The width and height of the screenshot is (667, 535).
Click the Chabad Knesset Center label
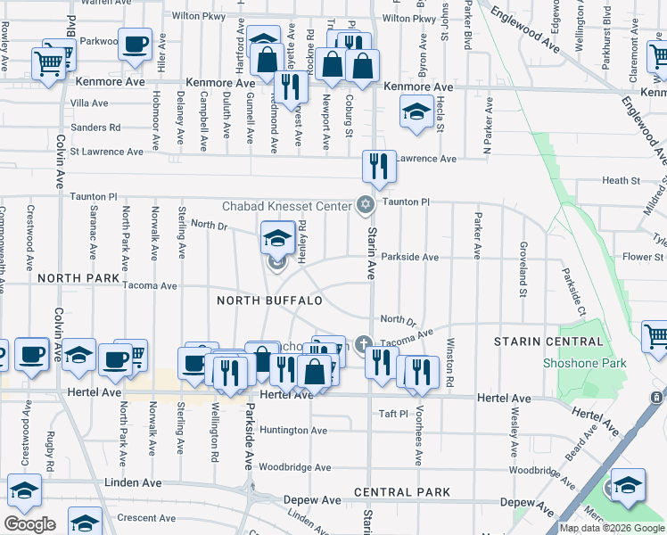[286, 206]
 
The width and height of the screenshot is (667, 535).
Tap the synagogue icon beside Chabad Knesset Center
[365, 206]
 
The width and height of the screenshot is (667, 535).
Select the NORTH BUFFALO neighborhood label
[268, 300]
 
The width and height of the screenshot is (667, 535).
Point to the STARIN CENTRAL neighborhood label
[548, 342]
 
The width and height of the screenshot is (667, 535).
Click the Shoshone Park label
[585, 363]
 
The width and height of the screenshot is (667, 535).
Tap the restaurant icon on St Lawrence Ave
[379, 166]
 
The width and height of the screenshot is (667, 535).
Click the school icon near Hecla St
[416, 112]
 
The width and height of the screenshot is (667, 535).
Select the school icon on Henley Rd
[278, 237]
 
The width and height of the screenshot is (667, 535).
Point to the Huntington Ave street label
[294, 430]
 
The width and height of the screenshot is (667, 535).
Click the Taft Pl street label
[392, 414]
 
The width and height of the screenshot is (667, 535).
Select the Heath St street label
[621, 181]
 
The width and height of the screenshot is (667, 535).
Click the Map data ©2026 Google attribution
[611, 528]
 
